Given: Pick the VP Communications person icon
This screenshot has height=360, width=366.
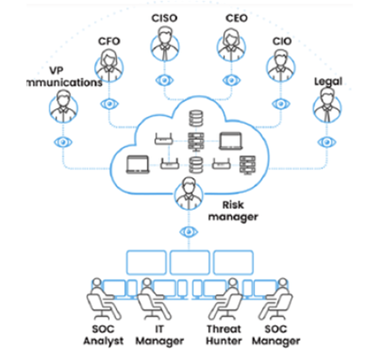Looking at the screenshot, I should click(63, 106).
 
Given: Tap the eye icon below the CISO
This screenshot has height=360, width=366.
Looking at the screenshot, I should click(165, 80).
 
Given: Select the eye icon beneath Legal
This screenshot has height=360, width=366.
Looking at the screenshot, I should click(326, 142).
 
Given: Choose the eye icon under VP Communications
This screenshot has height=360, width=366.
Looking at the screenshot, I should click(63, 142).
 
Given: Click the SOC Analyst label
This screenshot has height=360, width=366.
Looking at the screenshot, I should click(103, 335).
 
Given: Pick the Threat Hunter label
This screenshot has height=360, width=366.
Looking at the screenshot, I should click(224, 335).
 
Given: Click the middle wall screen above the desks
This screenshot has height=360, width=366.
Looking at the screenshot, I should click(190, 262).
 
